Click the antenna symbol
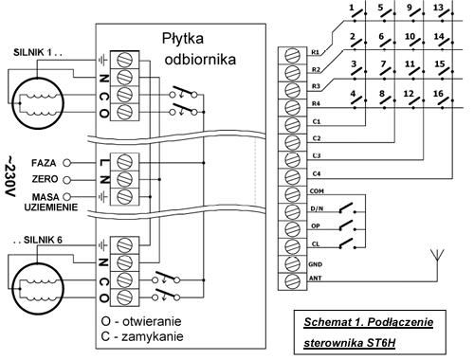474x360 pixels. (x=438, y=256)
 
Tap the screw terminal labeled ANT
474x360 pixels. (x=292, y=280)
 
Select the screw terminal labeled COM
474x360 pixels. (x=292, y=193)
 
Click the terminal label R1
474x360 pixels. (x=316, y=52)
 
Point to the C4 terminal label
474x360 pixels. (x=317, y=173)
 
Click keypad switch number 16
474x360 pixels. (x=443, y=102)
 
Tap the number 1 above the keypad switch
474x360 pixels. (x=352, y=7)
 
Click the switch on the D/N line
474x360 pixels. (x=347, y=208)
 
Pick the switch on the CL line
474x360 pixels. (x=347, y=243)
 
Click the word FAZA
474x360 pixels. (x=44, y=163)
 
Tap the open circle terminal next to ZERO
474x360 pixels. (x=66, y=180)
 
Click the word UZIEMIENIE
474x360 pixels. (x=51, y=207)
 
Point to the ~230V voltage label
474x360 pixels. (x=10, y=176)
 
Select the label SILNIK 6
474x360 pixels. (x=43, y=240)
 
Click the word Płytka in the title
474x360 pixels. (x=183, y=39)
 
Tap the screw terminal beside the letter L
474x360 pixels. (x=124, y=162)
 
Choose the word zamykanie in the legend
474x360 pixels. (x=153, y=336)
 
